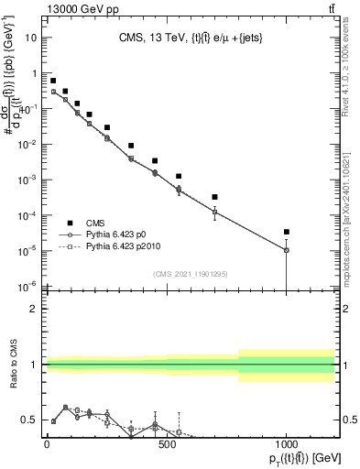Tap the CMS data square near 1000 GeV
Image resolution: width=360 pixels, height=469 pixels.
(287, 232)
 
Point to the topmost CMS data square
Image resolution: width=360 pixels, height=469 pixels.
(53, 81)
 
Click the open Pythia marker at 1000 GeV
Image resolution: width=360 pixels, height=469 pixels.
(287, 250)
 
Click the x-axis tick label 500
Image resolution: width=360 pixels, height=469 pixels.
(167, 446)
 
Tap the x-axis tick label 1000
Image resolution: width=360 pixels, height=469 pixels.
(287, 446)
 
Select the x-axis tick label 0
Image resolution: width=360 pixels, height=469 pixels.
(47, 446)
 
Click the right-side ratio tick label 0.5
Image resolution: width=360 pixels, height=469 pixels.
(350, 420)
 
